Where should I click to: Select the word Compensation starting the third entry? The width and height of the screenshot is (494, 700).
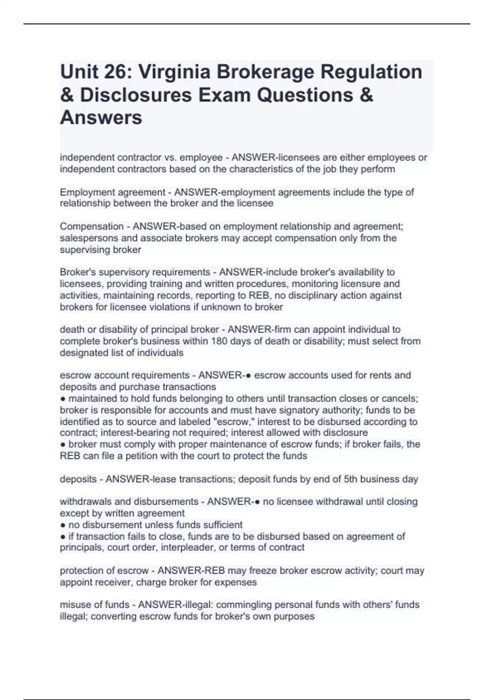91,226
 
